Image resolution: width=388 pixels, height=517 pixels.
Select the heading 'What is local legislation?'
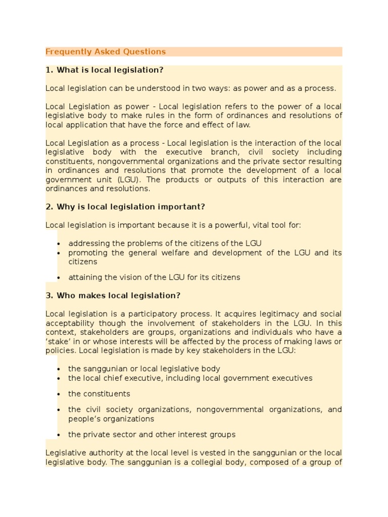coord(110,70)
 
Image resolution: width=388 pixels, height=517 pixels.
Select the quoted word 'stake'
coord(57,341)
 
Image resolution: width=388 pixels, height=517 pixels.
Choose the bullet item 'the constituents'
coord(99,394)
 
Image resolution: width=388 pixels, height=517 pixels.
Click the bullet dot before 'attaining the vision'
coord(59,278)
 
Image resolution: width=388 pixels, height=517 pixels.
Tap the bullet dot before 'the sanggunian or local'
coord(59,370)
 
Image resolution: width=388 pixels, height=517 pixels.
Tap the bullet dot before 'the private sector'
coord(59,435)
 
